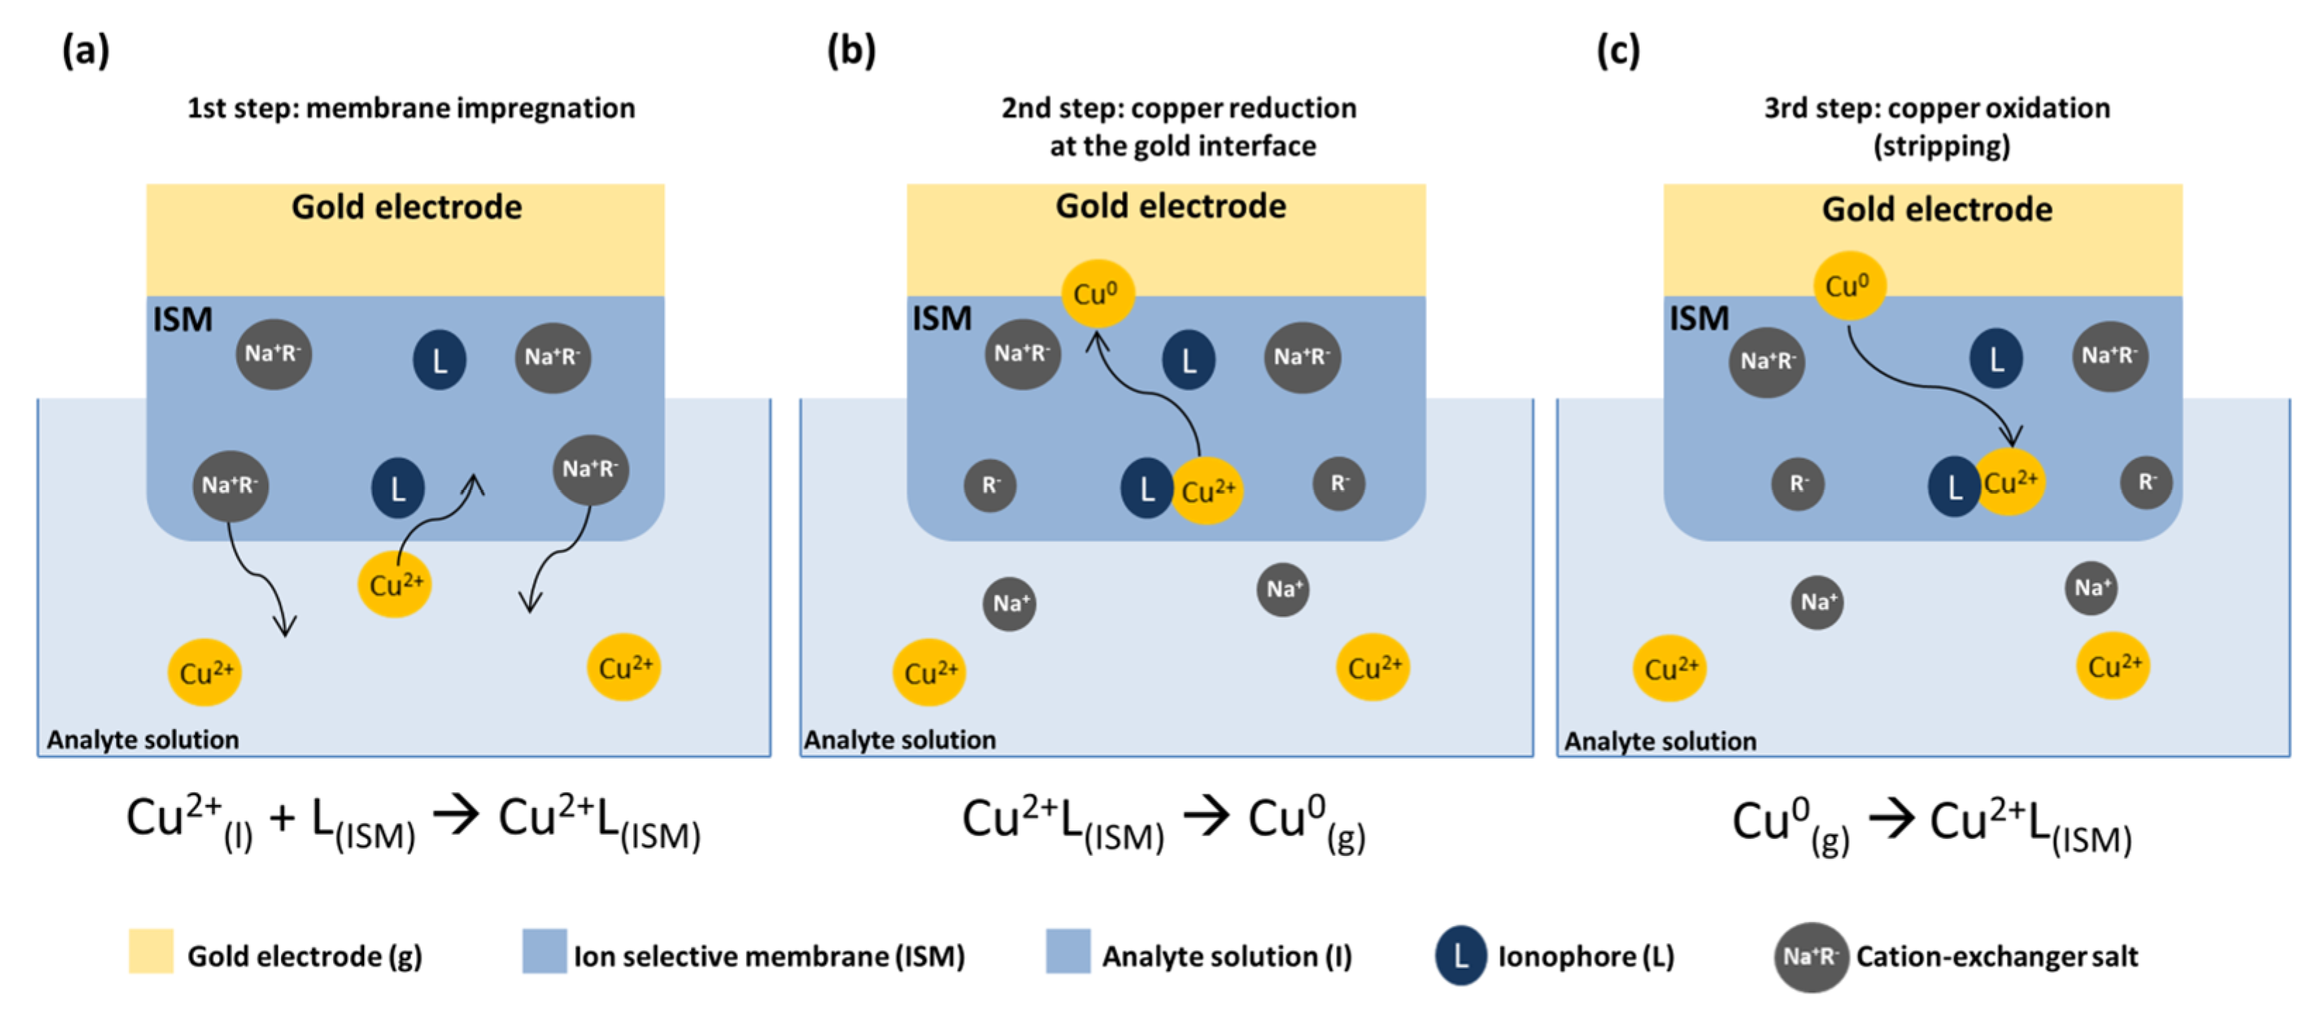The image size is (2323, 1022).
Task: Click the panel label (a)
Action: [x=86, y=51]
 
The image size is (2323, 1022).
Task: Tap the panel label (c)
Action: [x=1618, y=51]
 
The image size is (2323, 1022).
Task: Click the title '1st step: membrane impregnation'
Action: [x=411, y=108]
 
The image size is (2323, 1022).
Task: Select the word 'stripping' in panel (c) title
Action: [x=1941, y=146]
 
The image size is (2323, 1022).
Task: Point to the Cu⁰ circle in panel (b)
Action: [x=1097, y=293]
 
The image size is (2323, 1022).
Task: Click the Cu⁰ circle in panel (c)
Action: [x=1849, y=286]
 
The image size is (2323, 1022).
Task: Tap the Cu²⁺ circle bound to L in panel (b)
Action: [x=1207, y=491]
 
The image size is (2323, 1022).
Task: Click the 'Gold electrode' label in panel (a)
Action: [x=406, y=208]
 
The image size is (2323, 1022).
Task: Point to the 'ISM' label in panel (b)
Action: [x=942, y=318]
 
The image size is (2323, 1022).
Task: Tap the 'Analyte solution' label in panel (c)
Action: [x=1660, y=742]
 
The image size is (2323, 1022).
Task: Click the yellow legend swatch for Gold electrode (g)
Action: [x=151, y=952]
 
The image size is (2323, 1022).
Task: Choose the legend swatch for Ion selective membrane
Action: [x=544, y=952]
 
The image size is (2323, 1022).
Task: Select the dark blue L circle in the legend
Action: [x=1460, y=955]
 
